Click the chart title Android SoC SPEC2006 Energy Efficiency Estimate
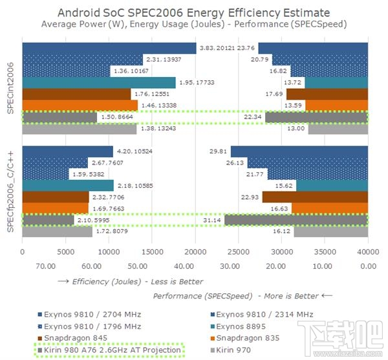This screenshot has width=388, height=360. pyautogui.click(x=194, y=12)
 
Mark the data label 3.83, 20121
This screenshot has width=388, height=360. pyautogui.click(x=217, y=48)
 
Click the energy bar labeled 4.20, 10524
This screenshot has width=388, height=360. pyautogui.click(x=67, y=151)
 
